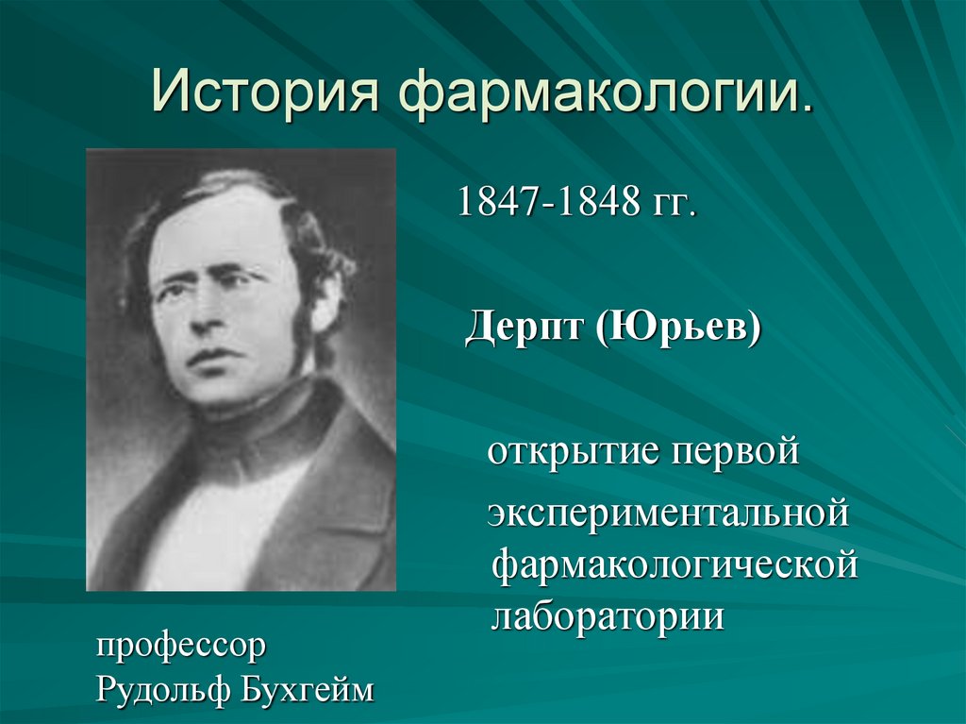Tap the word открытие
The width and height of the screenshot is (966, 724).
(571, 453)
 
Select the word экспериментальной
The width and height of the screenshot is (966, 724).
(669, 515)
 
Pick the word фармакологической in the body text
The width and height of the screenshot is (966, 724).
(675, 567)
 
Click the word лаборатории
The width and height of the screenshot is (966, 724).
(608, 616)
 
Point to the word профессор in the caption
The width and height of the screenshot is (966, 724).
(180, 648)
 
